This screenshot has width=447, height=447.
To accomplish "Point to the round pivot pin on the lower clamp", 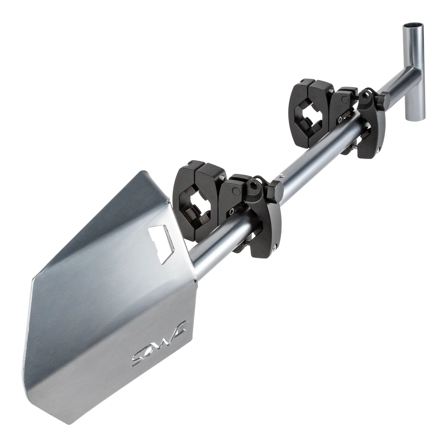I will click(236, 191).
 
